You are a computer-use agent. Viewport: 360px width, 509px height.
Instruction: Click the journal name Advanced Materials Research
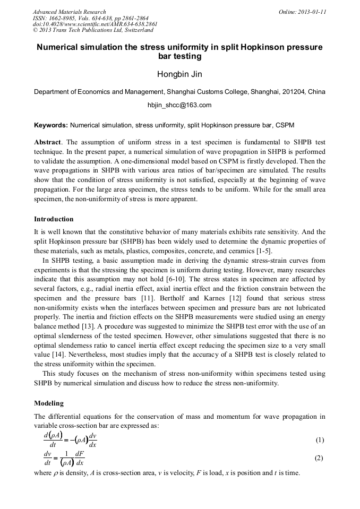[x=69, y=12]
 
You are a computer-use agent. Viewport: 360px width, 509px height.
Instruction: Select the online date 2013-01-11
[x=312, y=12]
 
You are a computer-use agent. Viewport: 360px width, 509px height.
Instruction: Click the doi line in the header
[x=95, y=24]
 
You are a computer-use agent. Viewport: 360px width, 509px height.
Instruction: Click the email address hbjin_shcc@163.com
[x=179, y=105]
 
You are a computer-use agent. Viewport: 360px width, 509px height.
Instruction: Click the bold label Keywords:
[x=50, y=125]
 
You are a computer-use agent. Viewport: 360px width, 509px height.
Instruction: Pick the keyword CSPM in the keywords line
[x=285, y=125]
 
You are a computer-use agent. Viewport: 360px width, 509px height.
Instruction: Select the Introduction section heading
[x=54, y=219]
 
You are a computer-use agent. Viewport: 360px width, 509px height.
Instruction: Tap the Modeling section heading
[x=49, y=403]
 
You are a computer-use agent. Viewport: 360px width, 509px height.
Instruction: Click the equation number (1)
[x=320, y=440]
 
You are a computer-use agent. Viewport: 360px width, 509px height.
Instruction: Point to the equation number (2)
[x=320, y=459]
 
